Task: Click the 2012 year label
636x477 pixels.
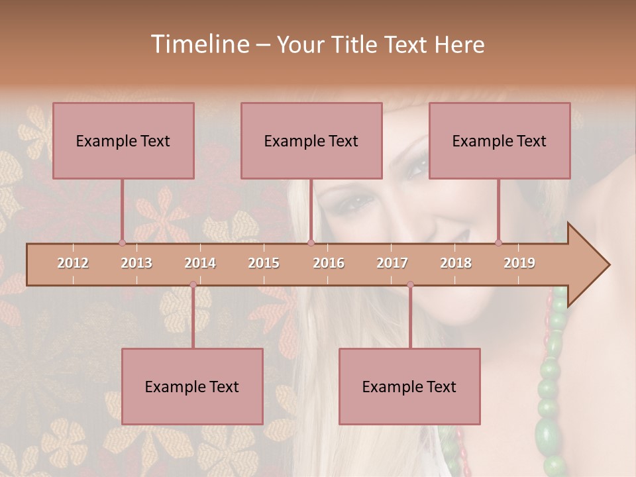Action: coord(73,263)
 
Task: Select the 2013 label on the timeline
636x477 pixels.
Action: coord(136,263)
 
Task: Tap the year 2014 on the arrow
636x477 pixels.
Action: coord(200,263)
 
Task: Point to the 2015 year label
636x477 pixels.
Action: coord(264,263)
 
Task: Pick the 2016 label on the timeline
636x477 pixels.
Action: coord(329,263)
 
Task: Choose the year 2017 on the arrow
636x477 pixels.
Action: coord(392,263)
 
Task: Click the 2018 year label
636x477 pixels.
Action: coord(456,263)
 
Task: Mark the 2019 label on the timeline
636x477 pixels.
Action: coord(519,263)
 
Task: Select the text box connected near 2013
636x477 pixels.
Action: coord(123,140)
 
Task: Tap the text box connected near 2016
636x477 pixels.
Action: coord(311,140)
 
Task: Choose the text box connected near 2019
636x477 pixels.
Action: coord(500,140)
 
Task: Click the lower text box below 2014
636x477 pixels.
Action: coord(192,386)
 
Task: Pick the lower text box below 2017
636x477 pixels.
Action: coord(409,386)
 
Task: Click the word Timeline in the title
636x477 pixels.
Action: coord(199,44)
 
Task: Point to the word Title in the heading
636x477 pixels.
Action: coord(357,45)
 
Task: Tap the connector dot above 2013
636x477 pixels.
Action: coord(122,242)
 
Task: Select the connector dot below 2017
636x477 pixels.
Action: coord(410,285)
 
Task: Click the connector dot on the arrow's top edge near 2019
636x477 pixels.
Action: coord(498,242)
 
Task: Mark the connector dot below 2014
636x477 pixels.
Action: coord(193,285)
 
